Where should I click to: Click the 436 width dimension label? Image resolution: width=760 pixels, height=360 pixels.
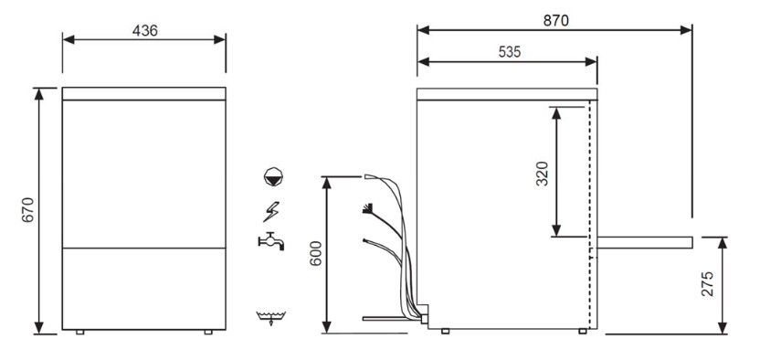click(145, 30)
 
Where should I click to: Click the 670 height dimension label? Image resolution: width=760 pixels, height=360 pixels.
click(28, 210)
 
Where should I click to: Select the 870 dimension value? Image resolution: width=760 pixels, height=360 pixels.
click(556, 20)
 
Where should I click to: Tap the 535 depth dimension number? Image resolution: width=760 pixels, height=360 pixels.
click(510, 52)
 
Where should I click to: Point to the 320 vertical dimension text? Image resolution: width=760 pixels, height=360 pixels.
click(542, 174)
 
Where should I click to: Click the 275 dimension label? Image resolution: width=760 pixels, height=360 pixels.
click(707, 284)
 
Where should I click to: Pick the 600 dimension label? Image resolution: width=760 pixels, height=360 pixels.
click(315, 253)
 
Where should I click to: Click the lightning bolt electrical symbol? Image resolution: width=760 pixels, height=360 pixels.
click(271, 211)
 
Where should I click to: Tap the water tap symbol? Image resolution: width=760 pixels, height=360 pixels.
click(271, 241)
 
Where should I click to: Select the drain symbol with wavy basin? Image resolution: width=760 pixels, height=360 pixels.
click(271, 318)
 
